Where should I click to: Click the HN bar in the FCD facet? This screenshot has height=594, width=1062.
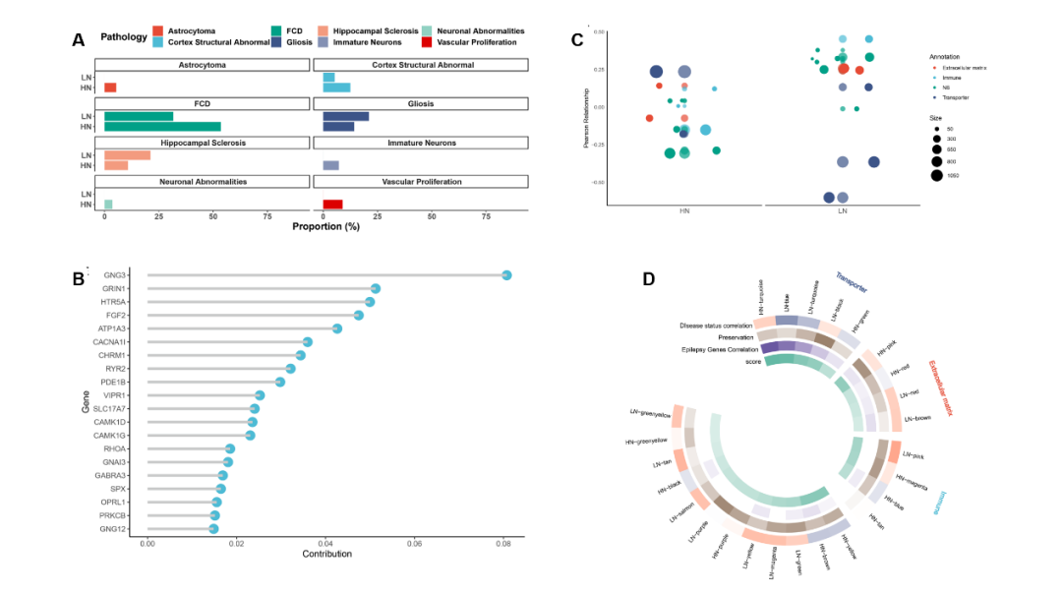pos(162,127)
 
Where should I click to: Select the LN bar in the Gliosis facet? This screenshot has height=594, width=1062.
pos(345,116)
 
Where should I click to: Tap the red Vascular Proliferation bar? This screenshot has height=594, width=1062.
pos(332,205)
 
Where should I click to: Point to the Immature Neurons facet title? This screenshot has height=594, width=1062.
pos(422,143)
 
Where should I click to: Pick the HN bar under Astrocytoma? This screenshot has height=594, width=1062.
pos(110,88)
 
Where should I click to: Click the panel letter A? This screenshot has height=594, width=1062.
pos(78,39)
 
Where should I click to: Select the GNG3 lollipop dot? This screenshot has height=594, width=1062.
pos(506,275)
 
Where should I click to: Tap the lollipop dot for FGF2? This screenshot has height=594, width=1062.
pos(359,315)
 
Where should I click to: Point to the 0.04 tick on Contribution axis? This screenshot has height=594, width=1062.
pos(326,542)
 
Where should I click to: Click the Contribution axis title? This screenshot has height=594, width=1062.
pos(327,555)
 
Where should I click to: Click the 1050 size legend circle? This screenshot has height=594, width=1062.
pos(937,175)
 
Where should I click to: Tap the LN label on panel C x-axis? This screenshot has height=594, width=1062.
pos(843,211)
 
